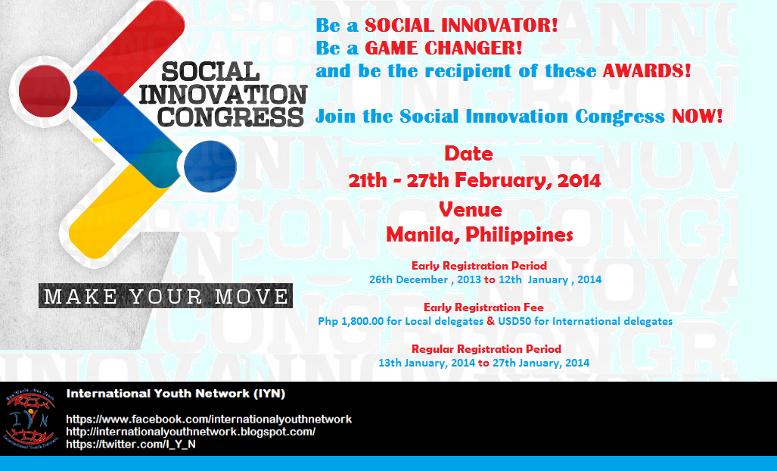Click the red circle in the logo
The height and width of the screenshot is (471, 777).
[45, 91]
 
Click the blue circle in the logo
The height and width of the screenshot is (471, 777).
[210, 167]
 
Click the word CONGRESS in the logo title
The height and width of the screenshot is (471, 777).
[231, 117]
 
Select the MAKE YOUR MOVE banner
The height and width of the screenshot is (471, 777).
[166, 296]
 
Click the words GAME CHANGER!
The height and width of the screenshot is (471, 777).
[443, 48]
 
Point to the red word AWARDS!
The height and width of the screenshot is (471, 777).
[647, 71]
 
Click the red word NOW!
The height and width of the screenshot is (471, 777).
[698, 117]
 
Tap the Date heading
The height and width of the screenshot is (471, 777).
[468, 154]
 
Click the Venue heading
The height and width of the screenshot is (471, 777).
[471, 210]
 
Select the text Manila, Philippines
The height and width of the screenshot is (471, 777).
[480, 235]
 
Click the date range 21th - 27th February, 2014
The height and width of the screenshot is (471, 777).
[474, 180]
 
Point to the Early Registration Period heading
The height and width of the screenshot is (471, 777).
[479, 266]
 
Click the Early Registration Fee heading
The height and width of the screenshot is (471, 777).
[483, 307]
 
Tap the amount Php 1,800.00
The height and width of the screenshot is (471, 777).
[351, 321]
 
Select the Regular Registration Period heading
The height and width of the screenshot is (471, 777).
[486, 349]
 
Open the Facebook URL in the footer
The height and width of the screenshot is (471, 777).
[209, 420]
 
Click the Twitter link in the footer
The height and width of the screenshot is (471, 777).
[131, 444]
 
